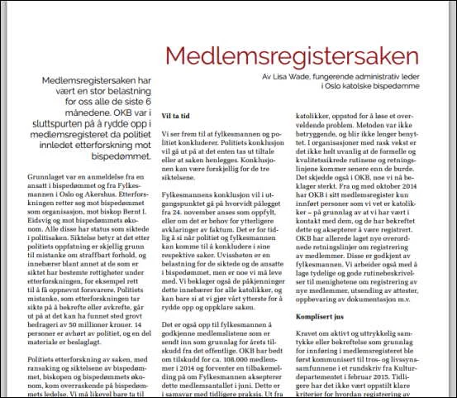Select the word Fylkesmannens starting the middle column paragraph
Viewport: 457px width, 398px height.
(x=189, y=193)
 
